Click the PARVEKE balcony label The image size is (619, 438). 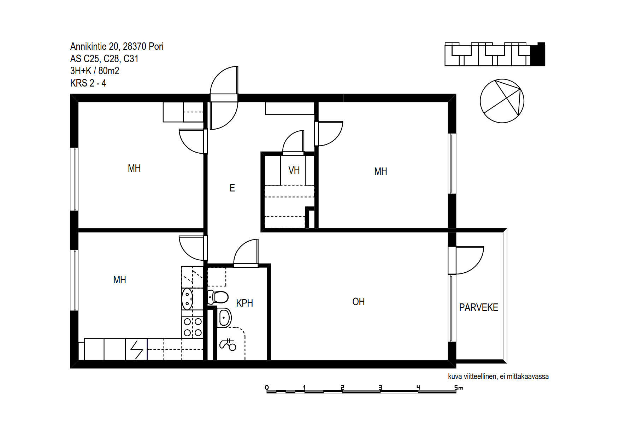pos(478,307)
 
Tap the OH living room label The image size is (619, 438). pos(358,302)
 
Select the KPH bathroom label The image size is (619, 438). pos(244,303)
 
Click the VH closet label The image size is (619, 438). pos(294,170)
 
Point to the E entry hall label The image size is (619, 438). pos(232,188)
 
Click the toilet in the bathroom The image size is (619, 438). pos(218,297)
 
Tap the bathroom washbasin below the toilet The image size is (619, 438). pos(224,318)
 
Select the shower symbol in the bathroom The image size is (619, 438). pos(228,344)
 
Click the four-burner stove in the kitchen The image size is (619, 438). pos(193,327)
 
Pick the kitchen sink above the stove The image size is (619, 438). pos(187,299)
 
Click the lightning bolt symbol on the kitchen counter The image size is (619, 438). pos(136,349)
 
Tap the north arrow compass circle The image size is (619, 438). pos(502,101)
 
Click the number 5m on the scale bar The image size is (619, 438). pos(459,387)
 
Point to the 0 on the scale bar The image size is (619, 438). pos(267,387)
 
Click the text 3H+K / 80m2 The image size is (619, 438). pos(95,71)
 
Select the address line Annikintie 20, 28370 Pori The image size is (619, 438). pos(117,46)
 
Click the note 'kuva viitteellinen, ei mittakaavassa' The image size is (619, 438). pos(498,377)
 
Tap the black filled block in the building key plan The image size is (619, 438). pos(538,54)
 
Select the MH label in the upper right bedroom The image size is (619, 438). pos(381,172)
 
